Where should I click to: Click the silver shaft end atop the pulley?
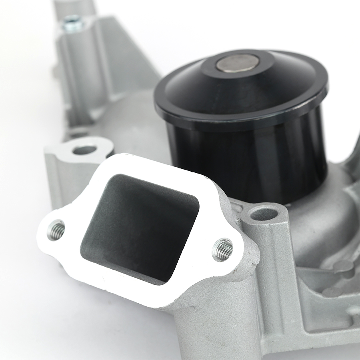click(x=237, y=63)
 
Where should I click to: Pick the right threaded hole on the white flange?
click(x=222, y=250)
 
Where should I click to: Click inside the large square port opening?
click(x=140, y=224)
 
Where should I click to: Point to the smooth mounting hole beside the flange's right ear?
click(x=264, y=214)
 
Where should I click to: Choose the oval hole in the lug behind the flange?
click(x=85, y=150)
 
